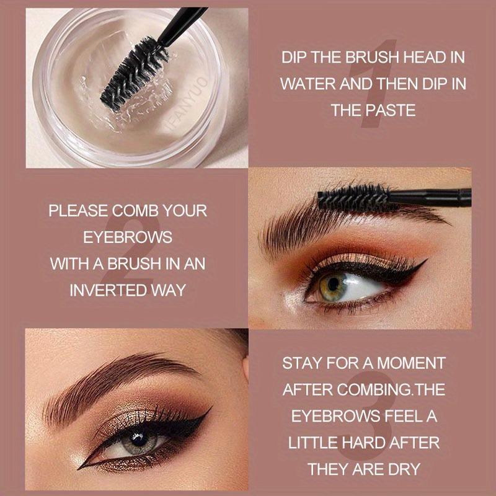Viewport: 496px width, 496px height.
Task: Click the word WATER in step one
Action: [x=308, y=84]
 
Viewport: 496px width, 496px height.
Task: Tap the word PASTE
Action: [x=391, y=110]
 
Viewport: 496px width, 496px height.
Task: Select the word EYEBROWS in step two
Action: [x=128, y=237]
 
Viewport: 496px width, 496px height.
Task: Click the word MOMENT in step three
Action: [x=412, y=363]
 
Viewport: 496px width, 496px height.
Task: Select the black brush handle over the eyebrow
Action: [x=430, y=197]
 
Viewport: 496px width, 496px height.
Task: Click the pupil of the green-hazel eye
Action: [x=333, y=284]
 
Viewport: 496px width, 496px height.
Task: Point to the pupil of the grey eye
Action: [x=139, y=440]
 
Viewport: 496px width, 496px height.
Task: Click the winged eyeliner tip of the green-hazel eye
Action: [x=427, y=259]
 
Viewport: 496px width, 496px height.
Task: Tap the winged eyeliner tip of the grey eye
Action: [x=211, y=407]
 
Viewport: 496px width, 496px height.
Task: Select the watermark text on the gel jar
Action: [x=187, y=103]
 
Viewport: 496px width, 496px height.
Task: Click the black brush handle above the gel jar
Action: [x=182, y=26]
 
